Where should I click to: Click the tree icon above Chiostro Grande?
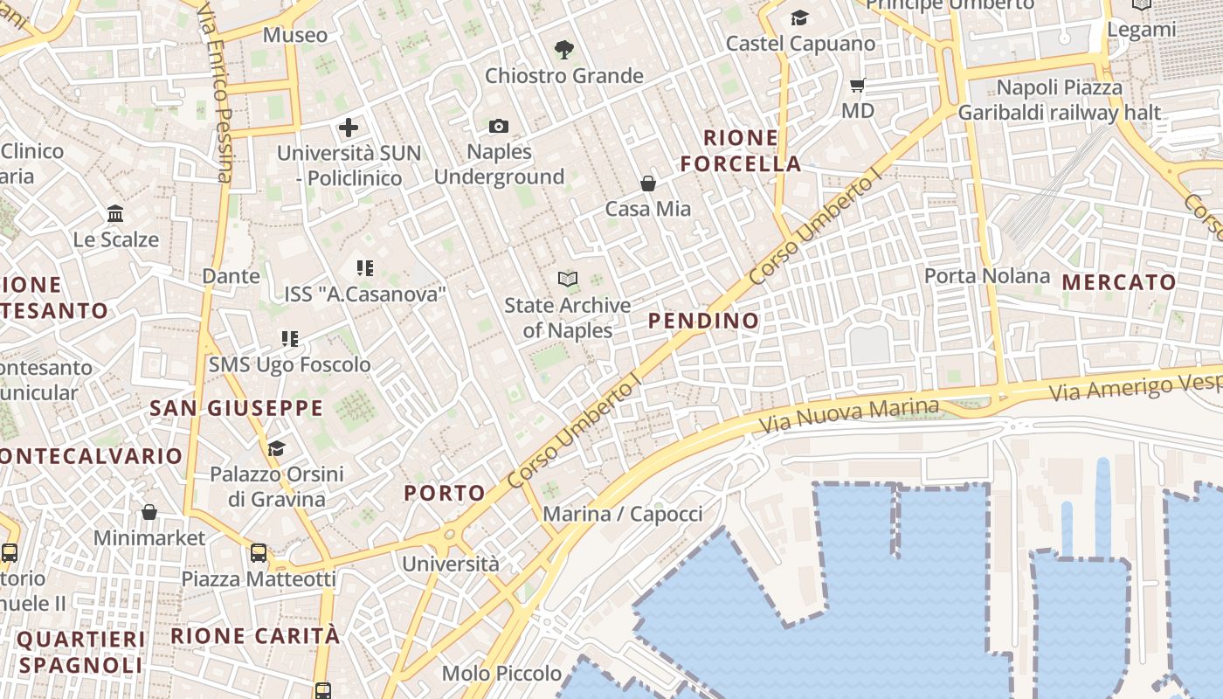click(564, 50)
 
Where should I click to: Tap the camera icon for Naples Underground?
click(499, 126)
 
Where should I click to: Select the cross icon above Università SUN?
click(349, 128)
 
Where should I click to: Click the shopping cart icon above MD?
click(858, 85)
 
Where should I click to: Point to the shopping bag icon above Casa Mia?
click(648, 183)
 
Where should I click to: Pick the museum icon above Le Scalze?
click(115, 213)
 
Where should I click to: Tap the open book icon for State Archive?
click(568, 279)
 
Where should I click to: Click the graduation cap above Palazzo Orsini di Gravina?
click(276, 448)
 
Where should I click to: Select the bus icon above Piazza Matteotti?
click(259, 552)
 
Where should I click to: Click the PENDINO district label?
click(704, 321)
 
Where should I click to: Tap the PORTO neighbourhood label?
click(445, 493)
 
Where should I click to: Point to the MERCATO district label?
click(1119, 282)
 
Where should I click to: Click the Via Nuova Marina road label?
click(848, 416)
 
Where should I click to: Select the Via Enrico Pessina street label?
click(217, 91)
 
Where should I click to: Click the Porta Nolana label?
click(987, 276)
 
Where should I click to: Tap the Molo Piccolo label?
click(501, 673)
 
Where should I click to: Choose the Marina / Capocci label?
click(623, 514)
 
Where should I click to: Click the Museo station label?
click(295, 35)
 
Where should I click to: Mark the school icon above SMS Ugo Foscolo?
click(290, 338)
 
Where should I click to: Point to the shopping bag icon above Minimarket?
click(149, 511)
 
